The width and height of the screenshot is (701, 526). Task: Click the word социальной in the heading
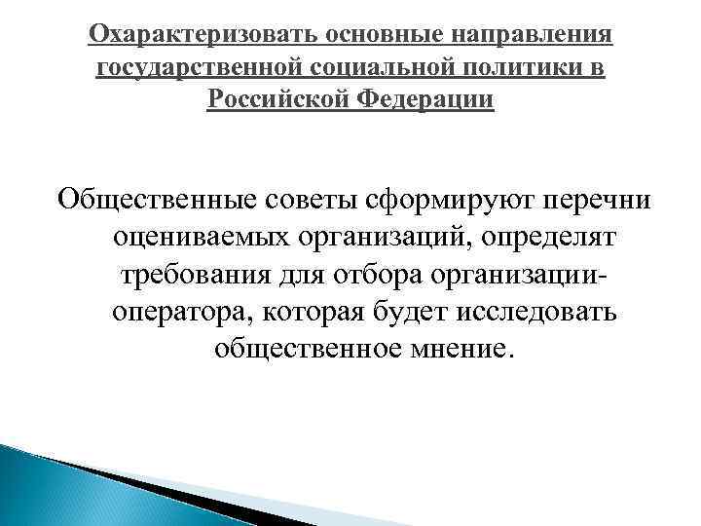coord(366,68)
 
